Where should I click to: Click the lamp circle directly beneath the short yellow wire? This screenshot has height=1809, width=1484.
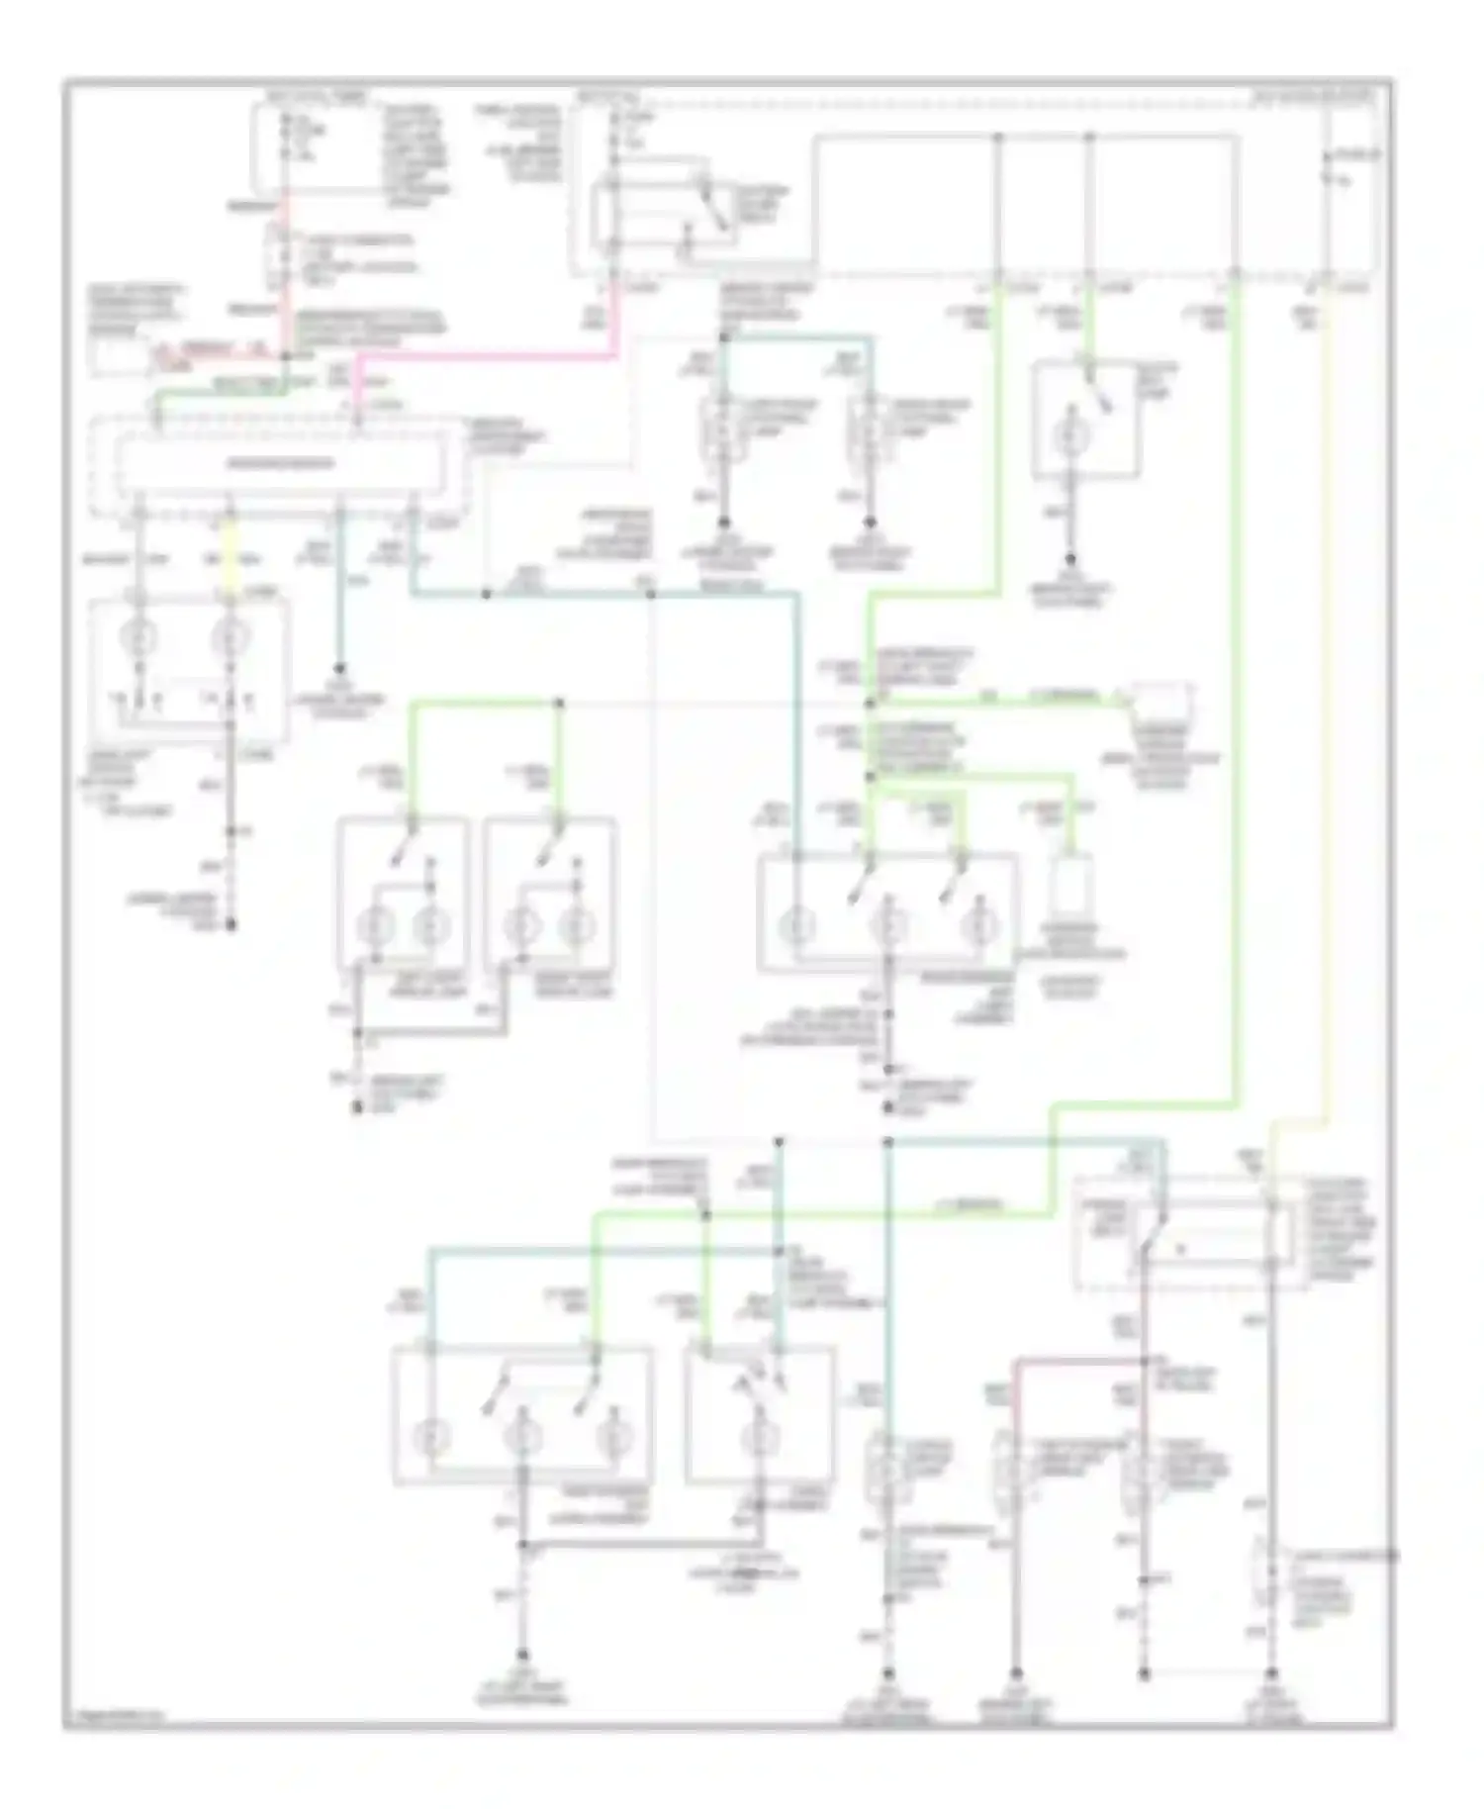pyautogui.click(x=230, y=638)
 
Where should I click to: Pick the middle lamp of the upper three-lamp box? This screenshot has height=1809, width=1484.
pyautogui.click(x=887, y=928)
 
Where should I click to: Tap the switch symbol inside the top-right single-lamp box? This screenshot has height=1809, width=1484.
pyautogui.click(x=1098, y=396)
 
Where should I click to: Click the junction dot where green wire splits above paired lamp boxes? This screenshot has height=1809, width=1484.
pyautogui.click(x=558, y=704)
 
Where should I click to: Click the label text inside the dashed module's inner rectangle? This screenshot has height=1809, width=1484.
pyautogui.click(x=276, y=463)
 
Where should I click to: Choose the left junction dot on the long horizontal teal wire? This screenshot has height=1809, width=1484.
pyautogui.click(x=486, y=594)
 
